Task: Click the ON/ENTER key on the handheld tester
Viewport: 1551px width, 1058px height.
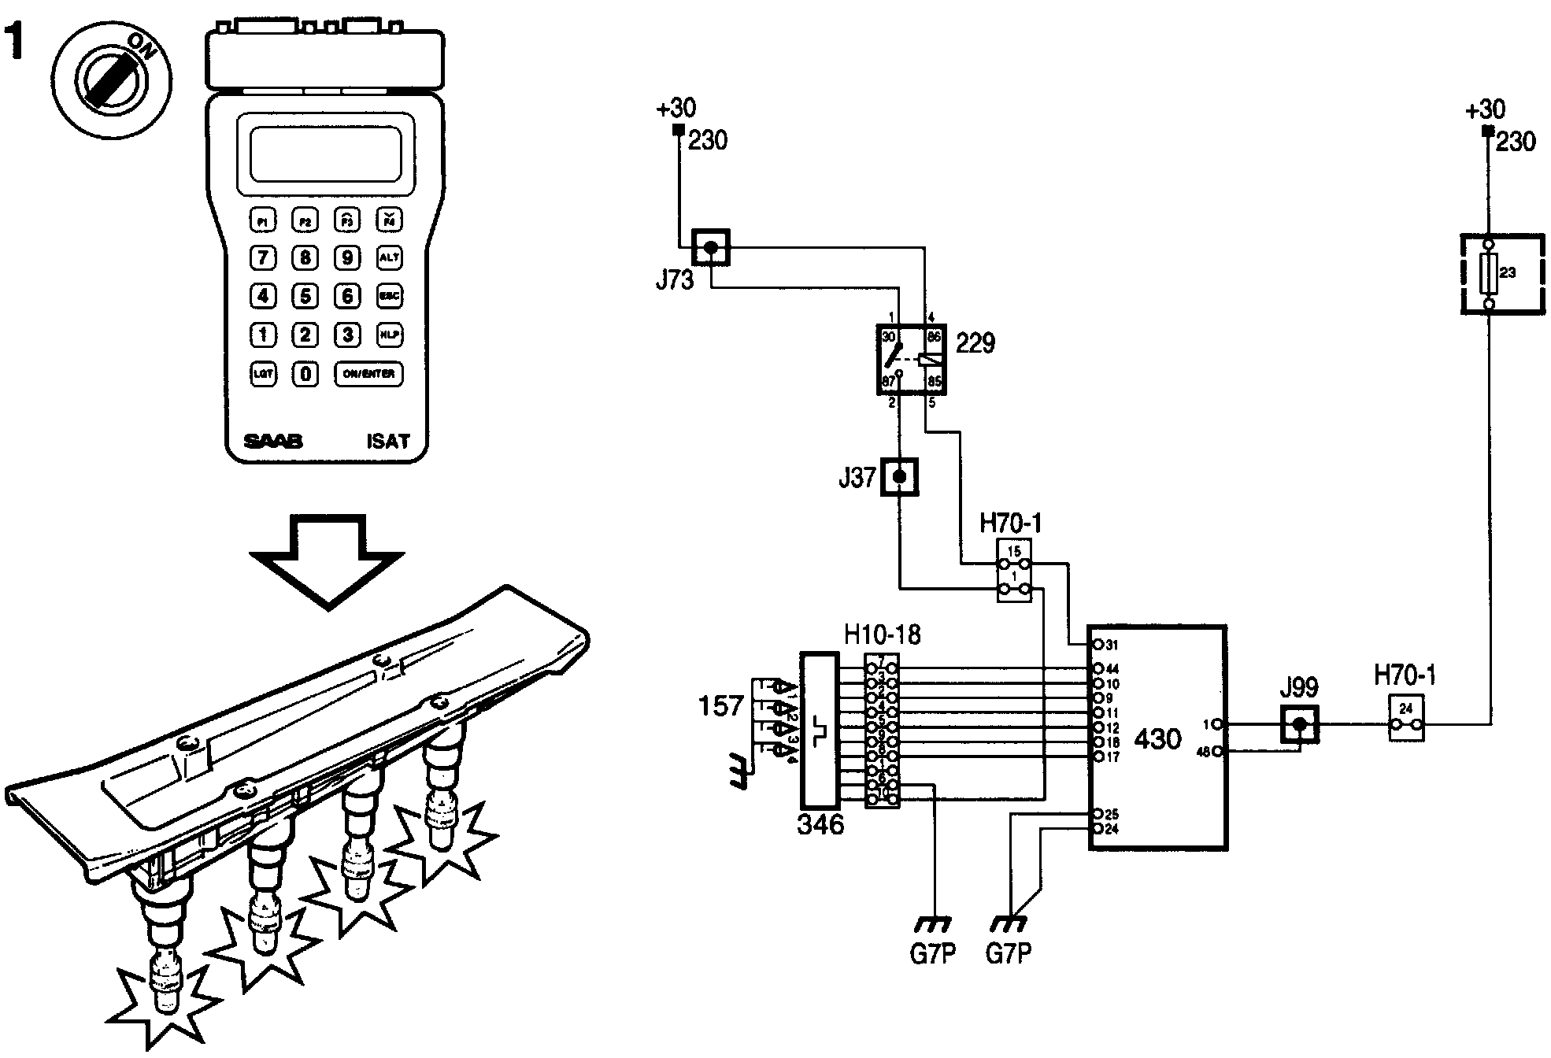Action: (x=368, y=373)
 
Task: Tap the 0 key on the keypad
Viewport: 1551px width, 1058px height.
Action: (x=305, y=374)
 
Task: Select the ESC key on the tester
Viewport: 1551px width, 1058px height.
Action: (x=389, y=296)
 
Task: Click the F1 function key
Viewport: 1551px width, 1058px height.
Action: (x=263, y=220)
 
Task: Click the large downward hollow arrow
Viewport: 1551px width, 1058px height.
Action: (x=327, y=560)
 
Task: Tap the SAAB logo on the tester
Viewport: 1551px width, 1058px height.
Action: (x=272, y=441)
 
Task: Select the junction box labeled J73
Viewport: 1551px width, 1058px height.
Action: (x=710, y=248)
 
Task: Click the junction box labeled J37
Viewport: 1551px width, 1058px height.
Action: (x=899, y=477)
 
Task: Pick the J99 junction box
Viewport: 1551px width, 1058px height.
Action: (x=1299, y=723)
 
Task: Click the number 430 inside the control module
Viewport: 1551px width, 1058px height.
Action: (x=1157, y=739)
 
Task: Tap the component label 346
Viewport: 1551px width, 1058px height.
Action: (x=820, y=824)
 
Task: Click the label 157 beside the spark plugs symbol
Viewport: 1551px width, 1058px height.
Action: (x=720, y=705)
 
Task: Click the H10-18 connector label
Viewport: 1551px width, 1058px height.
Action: (x=882, y=634)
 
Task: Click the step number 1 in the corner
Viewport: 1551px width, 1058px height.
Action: (x=15, y=43)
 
